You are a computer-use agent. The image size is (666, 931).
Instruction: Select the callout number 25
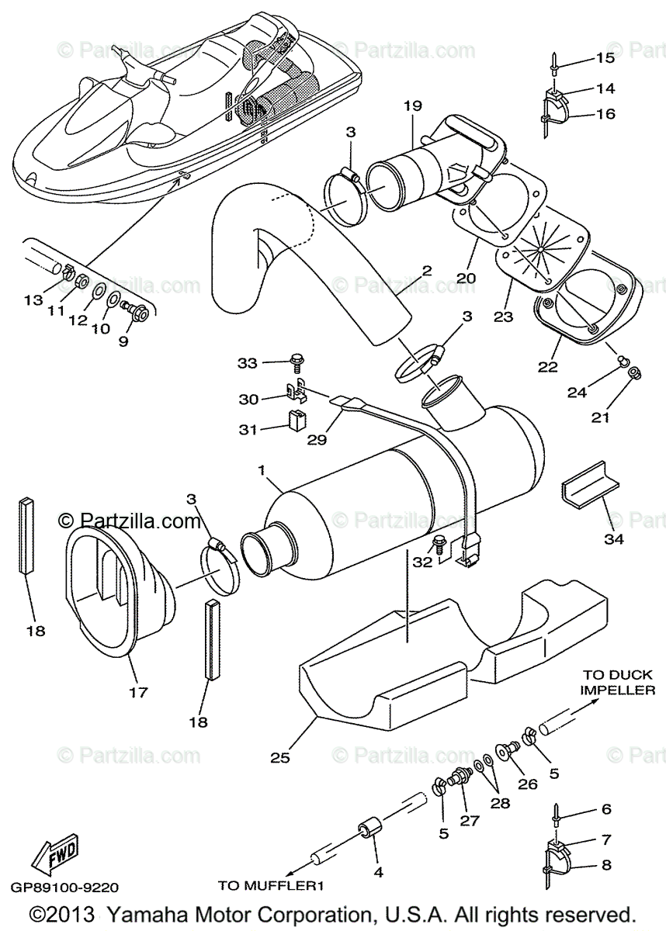(x=280, y=757)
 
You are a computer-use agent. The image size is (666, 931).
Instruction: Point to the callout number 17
(x=137, y=692)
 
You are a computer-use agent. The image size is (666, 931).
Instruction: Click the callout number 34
(x=613, y=538)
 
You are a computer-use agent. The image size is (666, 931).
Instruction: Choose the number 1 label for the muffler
(x=262, y=470)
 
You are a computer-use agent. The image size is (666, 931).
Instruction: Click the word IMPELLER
(x=618, y=690)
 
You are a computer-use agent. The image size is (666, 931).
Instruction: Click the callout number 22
(x=548, y=366)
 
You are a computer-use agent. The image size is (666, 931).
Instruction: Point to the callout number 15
(x=605, y=57)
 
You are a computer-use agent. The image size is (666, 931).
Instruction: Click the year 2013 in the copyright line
(x=75, y=913)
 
